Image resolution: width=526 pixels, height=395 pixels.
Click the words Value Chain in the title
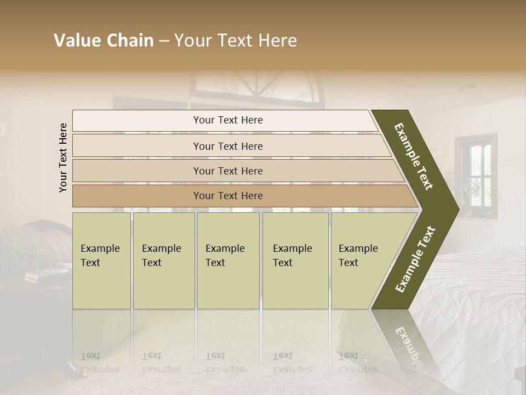(104, 41)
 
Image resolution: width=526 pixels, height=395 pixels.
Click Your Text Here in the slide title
(236, 41)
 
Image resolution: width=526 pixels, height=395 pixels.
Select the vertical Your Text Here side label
(63, 157)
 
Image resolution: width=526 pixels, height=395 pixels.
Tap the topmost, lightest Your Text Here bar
(227, 120)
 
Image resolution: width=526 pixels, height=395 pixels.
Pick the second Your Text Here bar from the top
(227, 146)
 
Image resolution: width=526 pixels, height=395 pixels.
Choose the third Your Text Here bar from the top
(227, 171)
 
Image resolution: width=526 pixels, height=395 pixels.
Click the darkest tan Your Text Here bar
(227, 196)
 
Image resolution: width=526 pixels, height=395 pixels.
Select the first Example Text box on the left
(101, 260)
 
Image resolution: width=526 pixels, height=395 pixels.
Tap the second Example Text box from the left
(163, 260)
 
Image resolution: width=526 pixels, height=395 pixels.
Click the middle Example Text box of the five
(228, 260)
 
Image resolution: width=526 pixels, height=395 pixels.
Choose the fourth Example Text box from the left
(295, 260)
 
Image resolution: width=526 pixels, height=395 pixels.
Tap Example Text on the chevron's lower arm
(415, 259)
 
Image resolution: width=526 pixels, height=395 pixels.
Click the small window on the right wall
(475, 176)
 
